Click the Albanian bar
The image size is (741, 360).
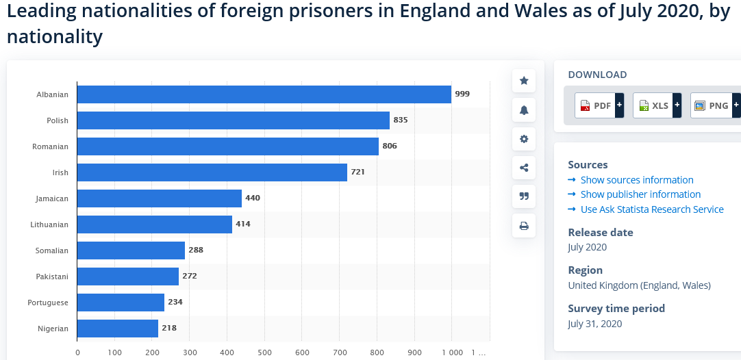(264, 94)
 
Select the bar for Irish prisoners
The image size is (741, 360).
(212, 172)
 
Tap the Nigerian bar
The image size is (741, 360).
(118, 329)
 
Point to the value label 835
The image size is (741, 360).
(401, 120)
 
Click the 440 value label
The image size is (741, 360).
(253, 198)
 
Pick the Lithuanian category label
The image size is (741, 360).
(49, 224)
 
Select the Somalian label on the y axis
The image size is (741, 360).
(52, 250)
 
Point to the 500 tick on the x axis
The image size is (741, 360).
(264, 352)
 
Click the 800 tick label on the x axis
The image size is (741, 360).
(377, 352)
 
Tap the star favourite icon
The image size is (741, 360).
(524, 81)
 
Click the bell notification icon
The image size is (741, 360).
(524, 110)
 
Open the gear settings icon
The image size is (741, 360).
(524, 139)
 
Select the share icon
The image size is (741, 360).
(524, 168)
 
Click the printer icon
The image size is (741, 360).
(524, 226)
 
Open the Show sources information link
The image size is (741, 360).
(637, 180)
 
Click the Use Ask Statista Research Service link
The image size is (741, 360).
(652, 209)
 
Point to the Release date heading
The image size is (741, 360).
(601, 233)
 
